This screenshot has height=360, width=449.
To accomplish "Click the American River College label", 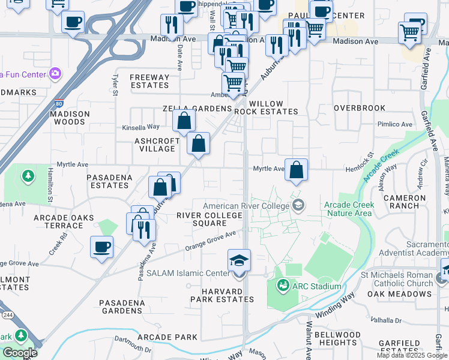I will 246,206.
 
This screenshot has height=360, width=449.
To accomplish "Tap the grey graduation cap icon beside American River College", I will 297,206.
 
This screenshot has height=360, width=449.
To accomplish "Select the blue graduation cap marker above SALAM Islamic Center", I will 239,261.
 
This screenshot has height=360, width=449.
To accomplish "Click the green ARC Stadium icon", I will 283,286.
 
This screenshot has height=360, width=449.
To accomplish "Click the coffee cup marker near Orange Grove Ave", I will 101,247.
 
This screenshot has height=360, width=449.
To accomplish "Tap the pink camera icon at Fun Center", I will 55,74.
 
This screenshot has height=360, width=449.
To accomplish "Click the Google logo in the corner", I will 20,353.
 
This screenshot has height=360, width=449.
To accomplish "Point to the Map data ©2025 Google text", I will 411,356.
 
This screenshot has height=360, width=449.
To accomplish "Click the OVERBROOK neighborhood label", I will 360,108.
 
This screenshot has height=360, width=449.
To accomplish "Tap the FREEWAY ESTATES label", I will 149,81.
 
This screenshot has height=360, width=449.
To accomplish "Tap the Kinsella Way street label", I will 141,127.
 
